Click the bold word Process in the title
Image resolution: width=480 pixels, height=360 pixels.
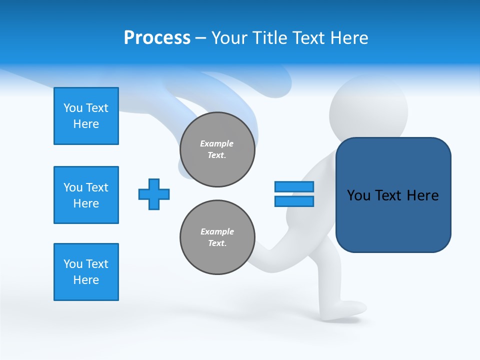pos(157,38)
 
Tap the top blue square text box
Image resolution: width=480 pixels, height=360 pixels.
pos(86,116)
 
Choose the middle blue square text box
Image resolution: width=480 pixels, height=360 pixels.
pos(86,195)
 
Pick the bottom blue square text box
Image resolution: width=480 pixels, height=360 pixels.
pos(86,272)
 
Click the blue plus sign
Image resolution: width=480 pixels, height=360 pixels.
pos(154,194)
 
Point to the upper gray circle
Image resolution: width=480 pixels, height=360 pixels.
pos(217,149)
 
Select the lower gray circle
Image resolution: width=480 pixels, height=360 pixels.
pos(217,237)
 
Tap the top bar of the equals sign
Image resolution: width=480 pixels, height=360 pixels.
pos(294,186)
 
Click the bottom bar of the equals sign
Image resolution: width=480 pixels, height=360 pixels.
pos(294,201)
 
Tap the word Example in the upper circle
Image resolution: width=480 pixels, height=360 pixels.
pos(216,143)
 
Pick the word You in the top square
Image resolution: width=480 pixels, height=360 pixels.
pos(73,108)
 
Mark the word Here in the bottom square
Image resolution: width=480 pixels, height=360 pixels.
pos(86,280)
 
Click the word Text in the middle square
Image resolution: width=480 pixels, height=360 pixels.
pos(97,187)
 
